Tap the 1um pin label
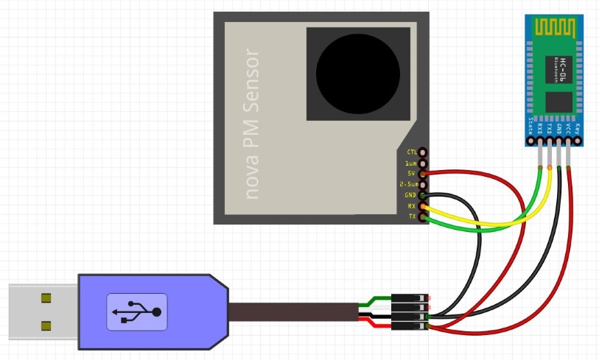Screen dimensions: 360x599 411,163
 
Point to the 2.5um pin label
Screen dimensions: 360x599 408,184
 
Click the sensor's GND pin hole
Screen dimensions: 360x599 424,195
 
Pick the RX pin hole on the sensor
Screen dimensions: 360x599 424,206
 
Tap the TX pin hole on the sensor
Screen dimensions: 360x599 424,217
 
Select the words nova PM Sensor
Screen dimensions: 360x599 253,124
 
